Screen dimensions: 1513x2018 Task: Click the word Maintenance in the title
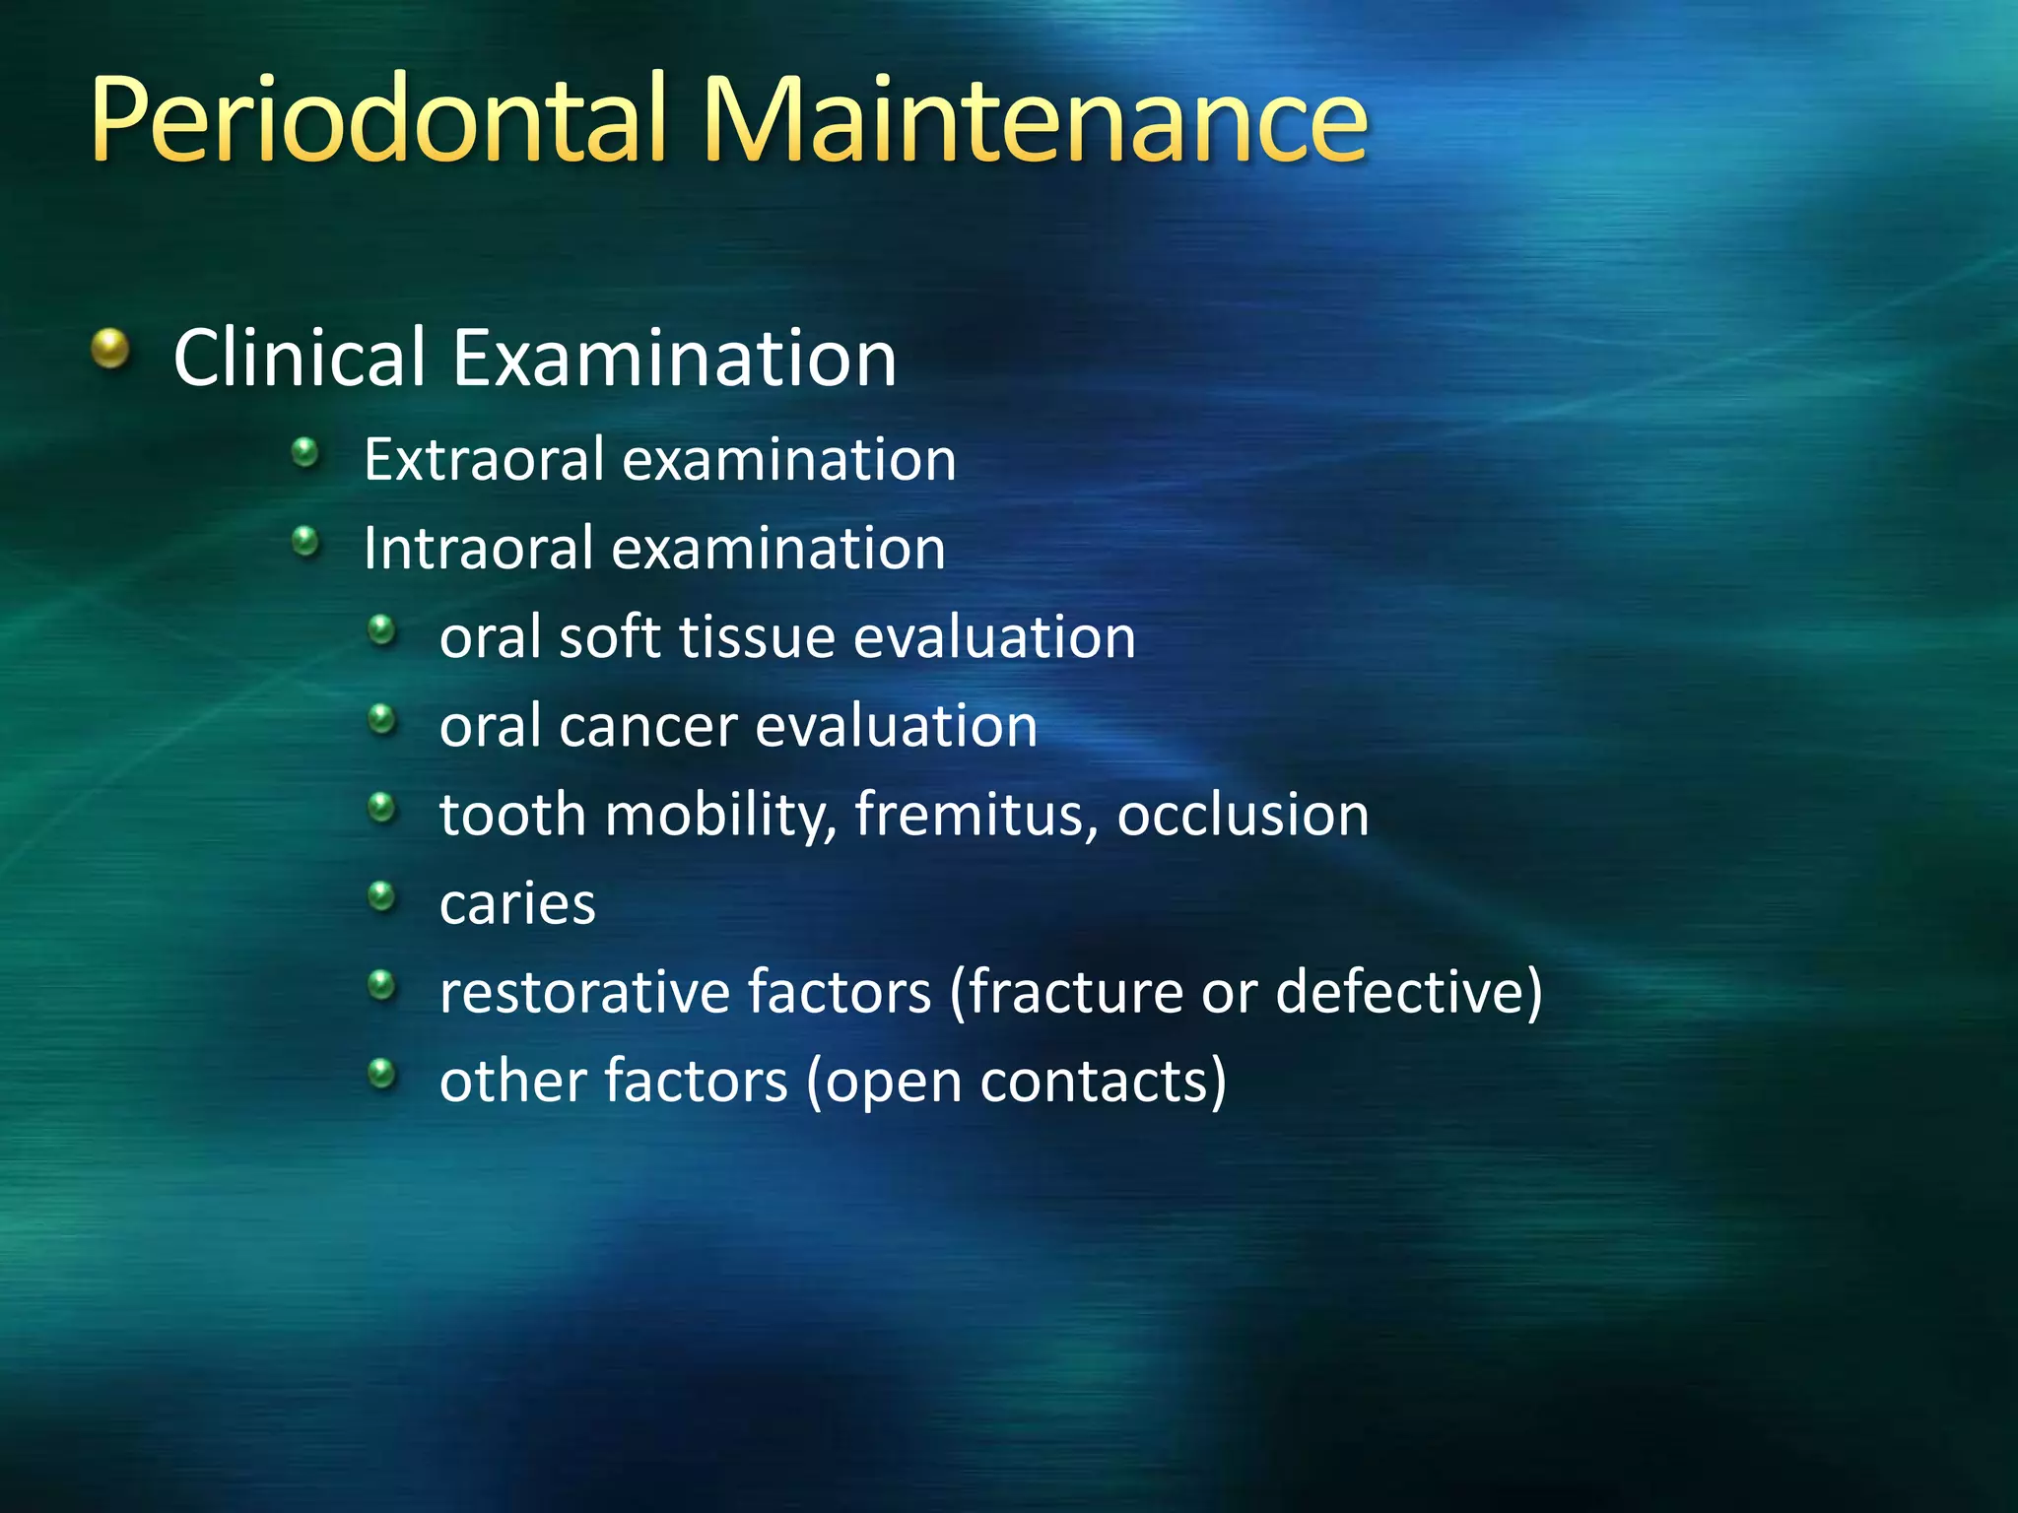pos(1035,120)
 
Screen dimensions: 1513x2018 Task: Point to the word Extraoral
pos(484,460)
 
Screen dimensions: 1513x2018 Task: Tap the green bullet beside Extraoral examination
pos(306,453)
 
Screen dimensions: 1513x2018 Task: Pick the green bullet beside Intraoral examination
pos(306,541)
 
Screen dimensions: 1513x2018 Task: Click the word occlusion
pos(1243,816)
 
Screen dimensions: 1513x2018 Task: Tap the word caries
pos(517,904)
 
